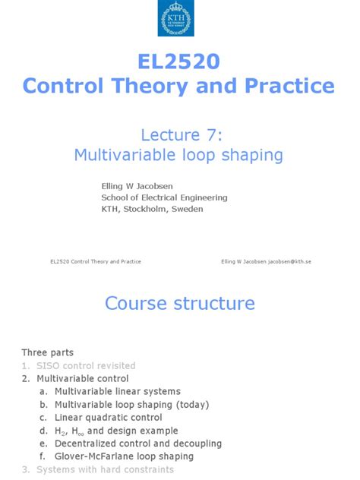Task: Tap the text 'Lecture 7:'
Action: click(x=178, y=134)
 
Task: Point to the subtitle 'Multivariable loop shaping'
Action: click(x=178, y=155)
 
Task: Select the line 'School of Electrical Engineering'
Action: click(x=164, y=197)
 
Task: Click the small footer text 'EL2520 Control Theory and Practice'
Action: click(x=96, y=261)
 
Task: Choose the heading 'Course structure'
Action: click(x=179, y=304)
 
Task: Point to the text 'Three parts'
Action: click(x=47, y=353)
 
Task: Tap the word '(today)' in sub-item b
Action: click(x=191, y=405)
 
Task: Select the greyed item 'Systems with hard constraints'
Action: click(x=102, y=470)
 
